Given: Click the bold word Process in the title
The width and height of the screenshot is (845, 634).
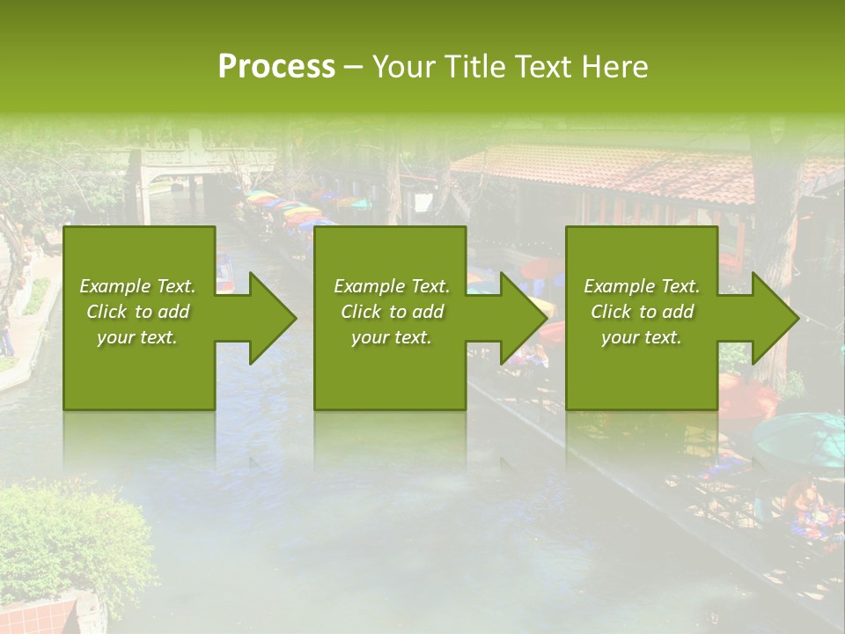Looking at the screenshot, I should [x=276, y=66].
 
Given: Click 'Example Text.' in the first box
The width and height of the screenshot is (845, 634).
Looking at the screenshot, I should [x=137, y=286].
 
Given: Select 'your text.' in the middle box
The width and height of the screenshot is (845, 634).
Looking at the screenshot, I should [x=391, y=337].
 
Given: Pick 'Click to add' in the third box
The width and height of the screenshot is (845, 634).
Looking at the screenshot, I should [x=642, y=312].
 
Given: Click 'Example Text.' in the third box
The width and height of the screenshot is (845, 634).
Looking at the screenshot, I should [x=642, y=286].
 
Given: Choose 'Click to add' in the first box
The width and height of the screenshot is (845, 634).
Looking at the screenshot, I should [x=137, y=312].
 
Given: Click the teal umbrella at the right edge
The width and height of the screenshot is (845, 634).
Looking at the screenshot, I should [x=801, y=437].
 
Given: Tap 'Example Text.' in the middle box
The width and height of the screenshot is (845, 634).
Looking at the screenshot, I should [x=391, y=286].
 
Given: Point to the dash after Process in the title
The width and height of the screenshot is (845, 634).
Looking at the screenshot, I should [x=354, y=68].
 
